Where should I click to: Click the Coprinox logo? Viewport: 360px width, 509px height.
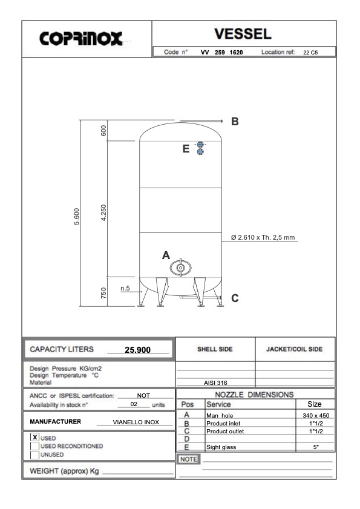(x=81, y=39)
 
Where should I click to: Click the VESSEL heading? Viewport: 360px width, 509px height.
(x=243, y=34)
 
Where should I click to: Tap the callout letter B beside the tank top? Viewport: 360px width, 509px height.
(x=235, y=121)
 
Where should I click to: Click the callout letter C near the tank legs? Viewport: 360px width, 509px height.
(x=235, y=298)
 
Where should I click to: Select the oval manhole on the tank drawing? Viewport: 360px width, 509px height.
(x=180, y=268)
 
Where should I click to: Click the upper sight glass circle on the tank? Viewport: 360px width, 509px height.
(x=201, y=145)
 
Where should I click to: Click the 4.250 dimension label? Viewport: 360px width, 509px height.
(x=103, y=212)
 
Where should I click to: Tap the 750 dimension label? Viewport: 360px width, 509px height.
(x=103, y=293)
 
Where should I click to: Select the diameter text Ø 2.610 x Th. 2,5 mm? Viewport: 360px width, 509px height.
(x=263, y=237)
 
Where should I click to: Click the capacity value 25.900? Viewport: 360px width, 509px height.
(x=138, y=350)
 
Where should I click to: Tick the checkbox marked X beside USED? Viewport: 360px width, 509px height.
(x=34, y=437)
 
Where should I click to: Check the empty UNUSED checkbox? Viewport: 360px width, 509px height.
(x=34, y=455)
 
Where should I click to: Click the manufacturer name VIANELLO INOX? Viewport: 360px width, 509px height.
(x=136, y=422)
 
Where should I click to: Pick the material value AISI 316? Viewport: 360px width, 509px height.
(x=215, y=383)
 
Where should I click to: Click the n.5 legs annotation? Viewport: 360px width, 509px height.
(x=125, y=288)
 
